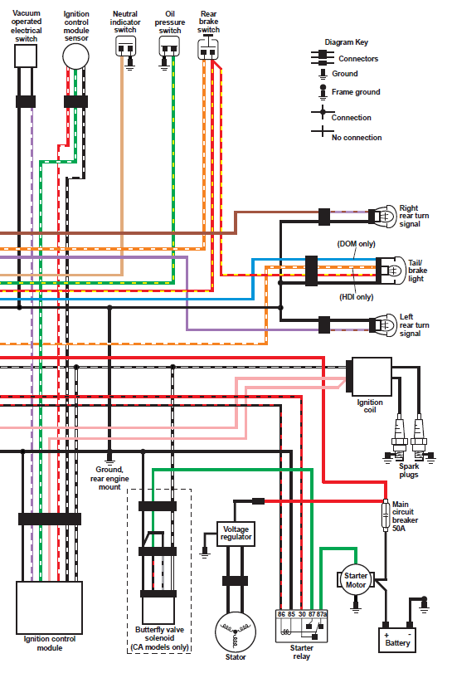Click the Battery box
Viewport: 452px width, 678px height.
(x=397, y=641)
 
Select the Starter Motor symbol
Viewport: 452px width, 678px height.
(x=356, y=580)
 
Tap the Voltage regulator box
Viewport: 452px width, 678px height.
(x=236, y=534)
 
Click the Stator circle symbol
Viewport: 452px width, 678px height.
(x=236, y=632)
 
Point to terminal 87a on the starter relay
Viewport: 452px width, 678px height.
(x=322, y=614)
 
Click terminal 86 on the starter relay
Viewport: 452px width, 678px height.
(x=281, y=614)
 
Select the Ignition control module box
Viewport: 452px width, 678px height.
(x=49, y=607)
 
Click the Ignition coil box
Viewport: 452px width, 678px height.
(x=372, y=377)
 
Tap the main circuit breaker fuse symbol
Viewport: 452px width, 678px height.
(x=386, y=515)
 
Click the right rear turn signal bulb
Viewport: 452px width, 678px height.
(x=384, y=216)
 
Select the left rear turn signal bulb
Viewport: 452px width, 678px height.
(x=384, y=325)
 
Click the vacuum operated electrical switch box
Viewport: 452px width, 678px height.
(x=26, y=56)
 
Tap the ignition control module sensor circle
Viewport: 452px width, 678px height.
(x=75, y=56)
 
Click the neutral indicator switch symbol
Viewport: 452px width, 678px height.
(x=125, y=46)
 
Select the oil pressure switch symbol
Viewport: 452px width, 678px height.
(x=169, y=46)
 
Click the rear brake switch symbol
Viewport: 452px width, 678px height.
(x=208, y=49)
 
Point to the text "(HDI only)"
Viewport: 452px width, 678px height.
(x=356, y=297)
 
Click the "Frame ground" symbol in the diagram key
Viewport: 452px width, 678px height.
(x=323, y=91)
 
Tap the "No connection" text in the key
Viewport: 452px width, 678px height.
(x=357, y=138)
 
